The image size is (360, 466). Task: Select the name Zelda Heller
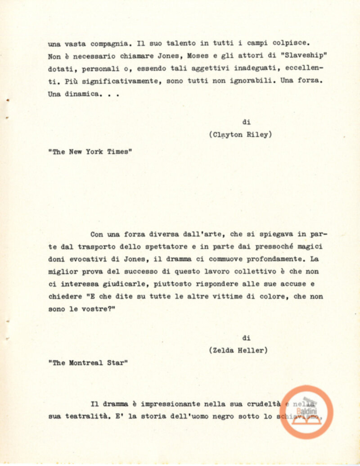[238, 350]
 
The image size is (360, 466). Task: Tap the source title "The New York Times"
[90, 152]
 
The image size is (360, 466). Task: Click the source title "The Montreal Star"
[88, 363]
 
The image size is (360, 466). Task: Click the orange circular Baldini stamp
[306, 412]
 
